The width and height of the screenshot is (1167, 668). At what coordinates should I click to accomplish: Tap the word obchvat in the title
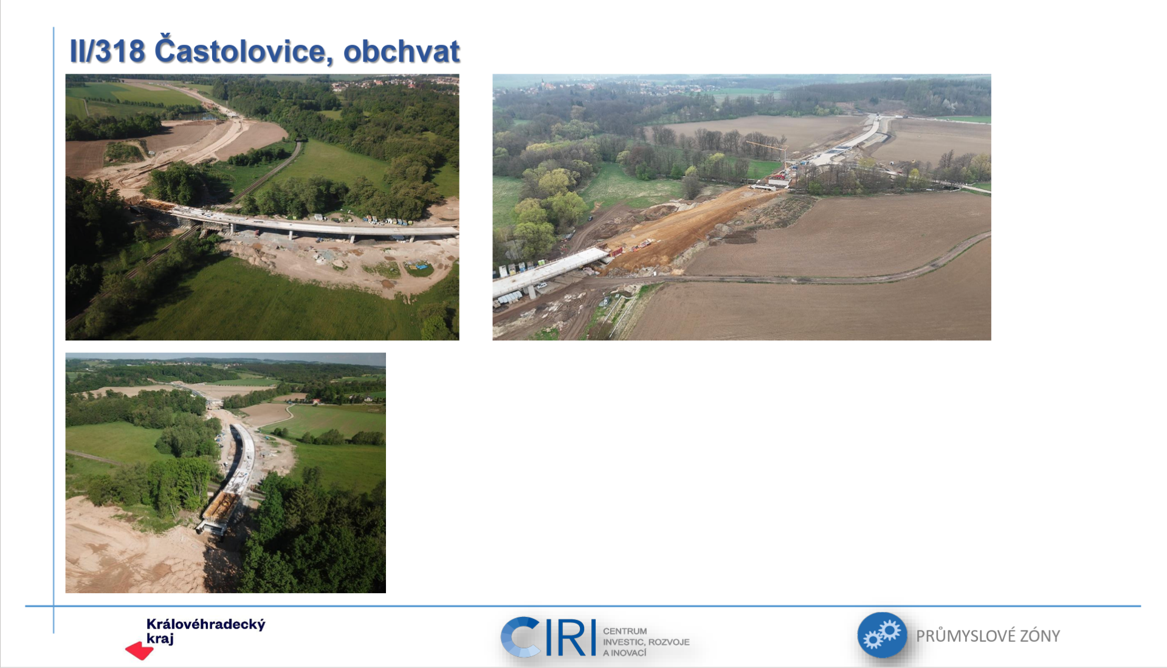(402, 51)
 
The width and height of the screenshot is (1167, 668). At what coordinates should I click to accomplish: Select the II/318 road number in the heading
(108, 51)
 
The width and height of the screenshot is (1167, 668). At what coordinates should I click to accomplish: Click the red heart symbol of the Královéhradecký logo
(139, 651)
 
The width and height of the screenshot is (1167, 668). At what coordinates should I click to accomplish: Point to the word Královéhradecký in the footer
(206, 625)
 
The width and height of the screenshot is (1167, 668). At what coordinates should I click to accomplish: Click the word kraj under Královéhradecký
(160, 639)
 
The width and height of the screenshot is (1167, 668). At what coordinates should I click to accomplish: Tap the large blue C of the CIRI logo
(520, 637)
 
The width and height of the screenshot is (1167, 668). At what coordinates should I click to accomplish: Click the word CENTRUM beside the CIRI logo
(625, 631)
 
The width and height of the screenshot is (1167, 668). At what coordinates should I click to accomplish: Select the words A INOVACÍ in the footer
(625, 653)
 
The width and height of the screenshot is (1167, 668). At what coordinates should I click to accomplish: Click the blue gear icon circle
(882, 635)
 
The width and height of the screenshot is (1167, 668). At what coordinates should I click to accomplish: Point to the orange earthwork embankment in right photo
(681, 228)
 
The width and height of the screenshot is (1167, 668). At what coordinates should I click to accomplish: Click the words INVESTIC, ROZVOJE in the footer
(646, 642)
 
